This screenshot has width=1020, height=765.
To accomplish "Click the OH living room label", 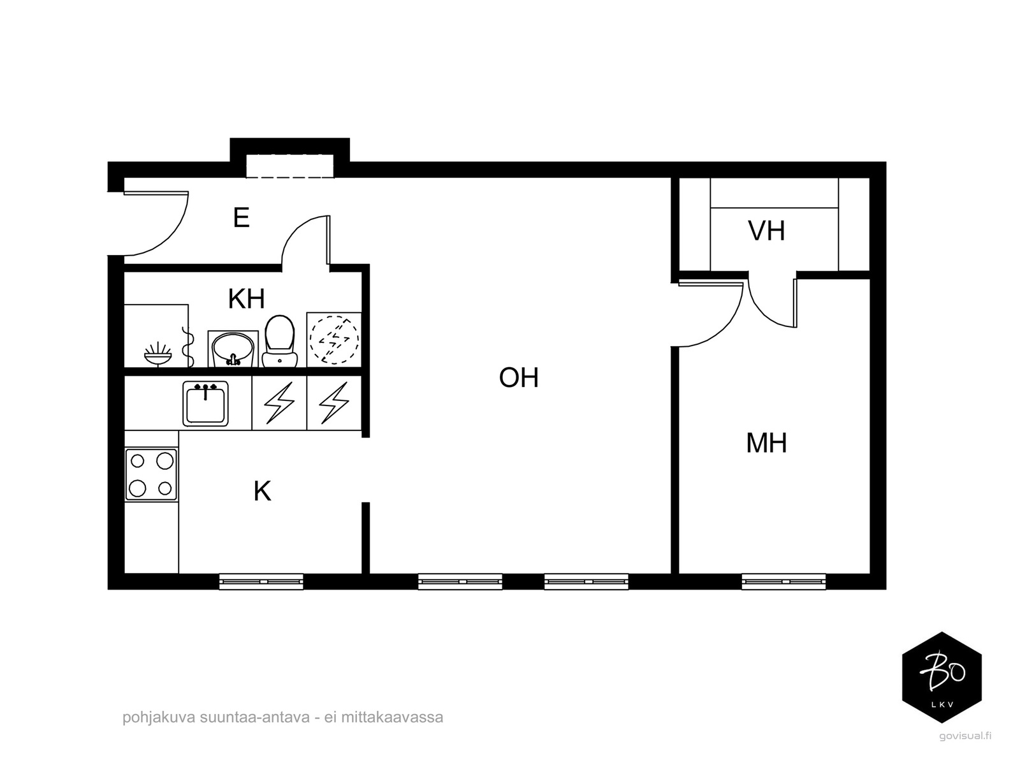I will pyautogui.click(x=519, y=378).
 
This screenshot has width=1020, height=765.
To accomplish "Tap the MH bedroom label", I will pyautogui.click(x=766, y=443).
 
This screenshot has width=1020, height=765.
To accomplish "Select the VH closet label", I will pyautogui.click(x=766, y=231).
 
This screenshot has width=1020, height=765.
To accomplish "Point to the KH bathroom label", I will pyautogui.click(x=246, y=298).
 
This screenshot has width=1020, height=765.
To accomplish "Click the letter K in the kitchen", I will pyautogui.click(x=262, y=492).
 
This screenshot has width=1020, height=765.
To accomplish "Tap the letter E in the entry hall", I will pyautogui.click(x=241, y=218).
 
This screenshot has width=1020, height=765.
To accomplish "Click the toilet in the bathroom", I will pyautogui.click(x=279, y=342).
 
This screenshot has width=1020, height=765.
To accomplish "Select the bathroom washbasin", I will pyautogui.click(x=233, y=349).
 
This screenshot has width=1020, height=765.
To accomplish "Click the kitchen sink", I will pyautogui.click(x=205, y=404).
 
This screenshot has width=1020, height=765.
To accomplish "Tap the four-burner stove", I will pyautogui.click(x=151, y=474).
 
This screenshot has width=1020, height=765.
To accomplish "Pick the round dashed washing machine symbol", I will pyautogui.click(x=334, y=339).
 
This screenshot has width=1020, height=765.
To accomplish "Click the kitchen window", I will pyautogui.click(x=261, y=581).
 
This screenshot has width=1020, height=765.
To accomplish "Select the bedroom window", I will pyautogui.click(x=783, y=581).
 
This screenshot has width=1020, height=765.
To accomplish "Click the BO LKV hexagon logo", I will pyautogui.click(x=942, y=677).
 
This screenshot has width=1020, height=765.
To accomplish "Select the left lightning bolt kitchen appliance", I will pyautogui.click(x=279, y=403).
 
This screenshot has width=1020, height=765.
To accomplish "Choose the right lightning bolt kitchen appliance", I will pyautogui.click(x=334, y=403).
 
